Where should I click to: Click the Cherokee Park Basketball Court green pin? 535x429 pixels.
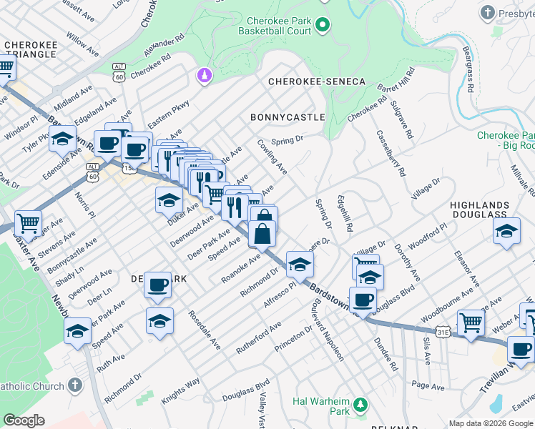click(322, 26)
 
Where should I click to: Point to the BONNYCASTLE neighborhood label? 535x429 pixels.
click(288, 117)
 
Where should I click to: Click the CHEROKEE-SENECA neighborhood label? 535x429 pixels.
click(317, 82)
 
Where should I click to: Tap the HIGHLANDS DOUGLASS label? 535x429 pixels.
click(489, 210)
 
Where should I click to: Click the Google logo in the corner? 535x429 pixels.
click(24, 420)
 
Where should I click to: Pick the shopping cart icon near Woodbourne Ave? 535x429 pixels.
click(471, 322)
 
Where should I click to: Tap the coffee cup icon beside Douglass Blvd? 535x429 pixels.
click(363, 300)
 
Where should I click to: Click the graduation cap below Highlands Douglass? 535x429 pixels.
click(506, 231)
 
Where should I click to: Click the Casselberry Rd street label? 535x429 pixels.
click(391, 152)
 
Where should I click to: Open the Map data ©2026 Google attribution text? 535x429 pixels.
click(491, 423)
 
